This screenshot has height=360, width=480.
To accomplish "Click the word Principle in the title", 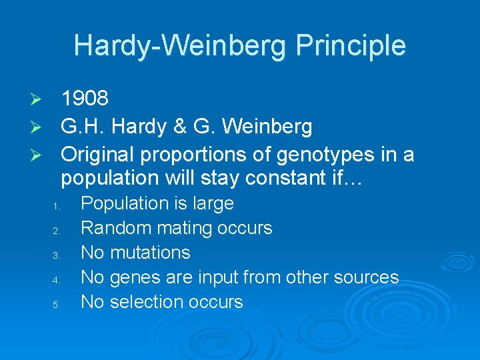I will pos(351,45).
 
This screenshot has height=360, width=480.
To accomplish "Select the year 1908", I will pos(85,99).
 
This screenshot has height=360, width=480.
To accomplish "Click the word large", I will pos(211,203).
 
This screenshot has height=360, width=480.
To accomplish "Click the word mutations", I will pos(150,253).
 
